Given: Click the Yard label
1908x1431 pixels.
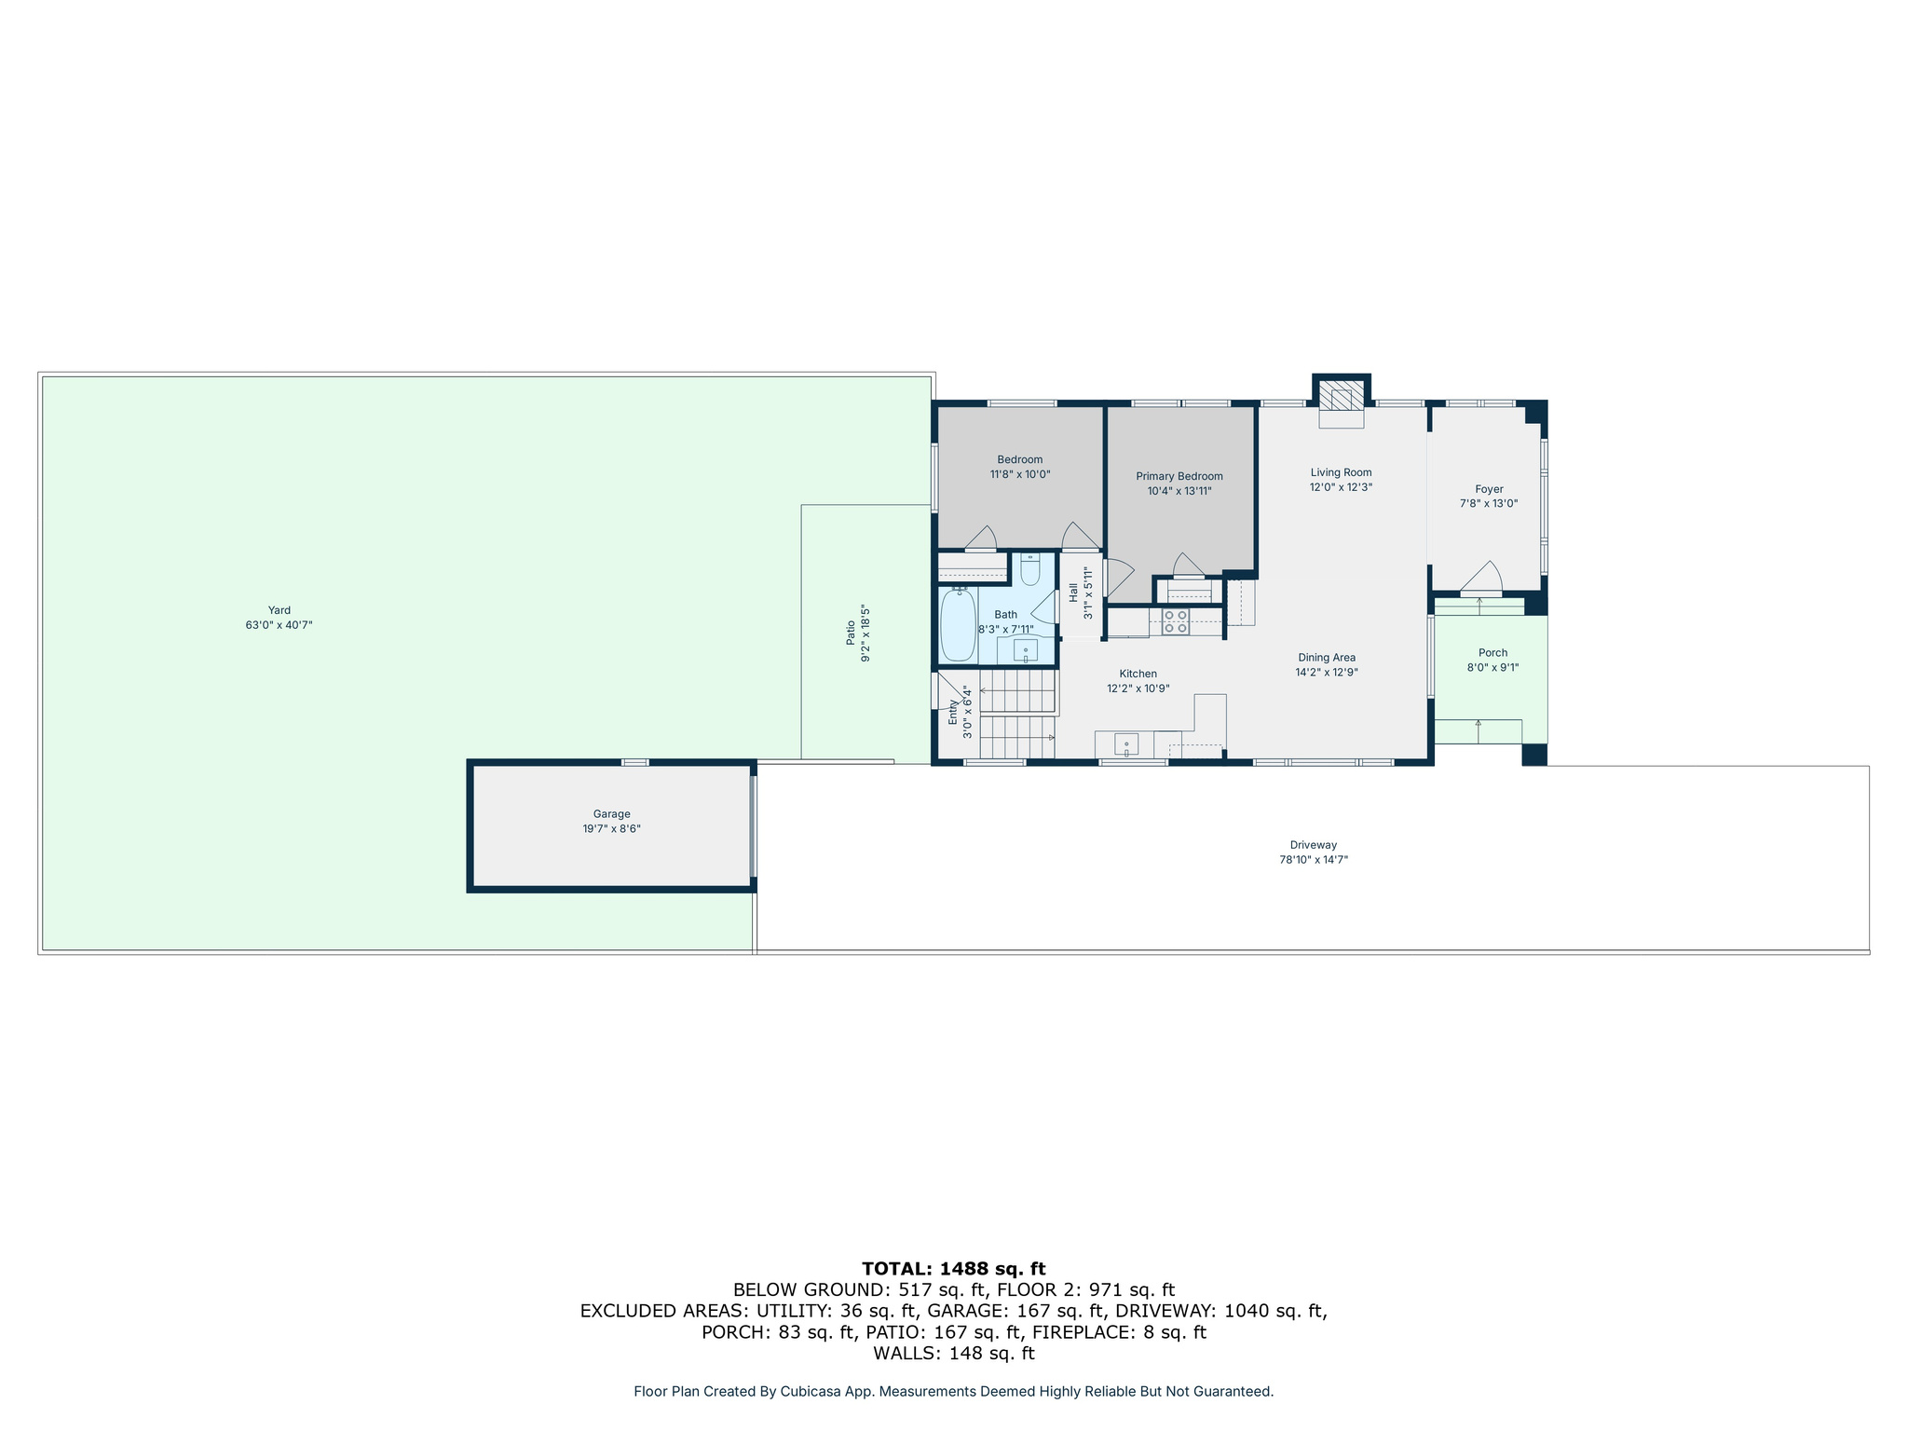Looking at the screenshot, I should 279,610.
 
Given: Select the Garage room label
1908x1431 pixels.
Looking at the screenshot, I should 611,814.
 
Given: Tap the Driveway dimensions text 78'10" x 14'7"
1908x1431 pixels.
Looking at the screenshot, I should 1313,860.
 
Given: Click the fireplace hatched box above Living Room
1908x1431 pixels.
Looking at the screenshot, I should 1341,398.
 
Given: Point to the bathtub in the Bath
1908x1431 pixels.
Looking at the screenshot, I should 958,625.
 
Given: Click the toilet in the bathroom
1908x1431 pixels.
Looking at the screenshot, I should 1029,568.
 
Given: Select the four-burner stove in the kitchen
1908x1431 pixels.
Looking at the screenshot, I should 1175,621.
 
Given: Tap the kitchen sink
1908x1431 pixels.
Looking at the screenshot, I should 1125,744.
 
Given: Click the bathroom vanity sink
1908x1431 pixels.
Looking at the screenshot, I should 1025,649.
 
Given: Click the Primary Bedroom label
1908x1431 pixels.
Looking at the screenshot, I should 1179,476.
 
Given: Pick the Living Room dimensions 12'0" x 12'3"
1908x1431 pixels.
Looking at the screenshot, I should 1341,487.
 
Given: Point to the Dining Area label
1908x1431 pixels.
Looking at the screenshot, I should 1326,658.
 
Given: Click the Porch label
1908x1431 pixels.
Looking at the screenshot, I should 1492,653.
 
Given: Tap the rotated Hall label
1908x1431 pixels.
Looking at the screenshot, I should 1073,593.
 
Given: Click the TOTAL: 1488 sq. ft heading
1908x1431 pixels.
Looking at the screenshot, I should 953,1268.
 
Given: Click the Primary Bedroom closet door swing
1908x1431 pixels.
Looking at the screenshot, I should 1188,566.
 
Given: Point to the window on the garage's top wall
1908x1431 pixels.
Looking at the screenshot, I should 634,763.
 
